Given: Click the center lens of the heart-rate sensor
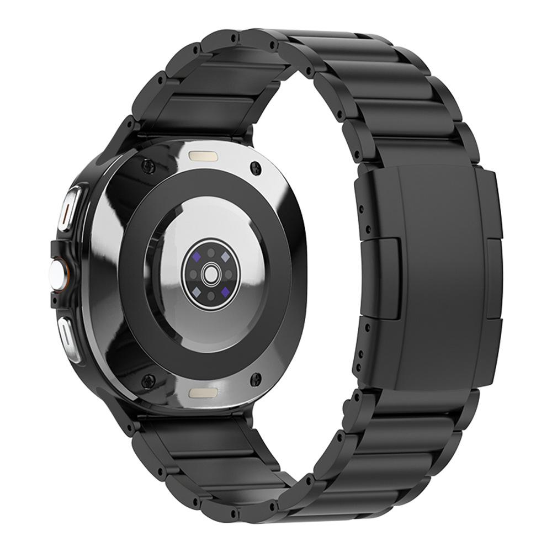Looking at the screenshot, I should (x=209, y=273).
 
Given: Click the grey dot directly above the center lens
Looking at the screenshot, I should (x=210, y=252).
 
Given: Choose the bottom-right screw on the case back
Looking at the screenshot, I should (x=256, y=378).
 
